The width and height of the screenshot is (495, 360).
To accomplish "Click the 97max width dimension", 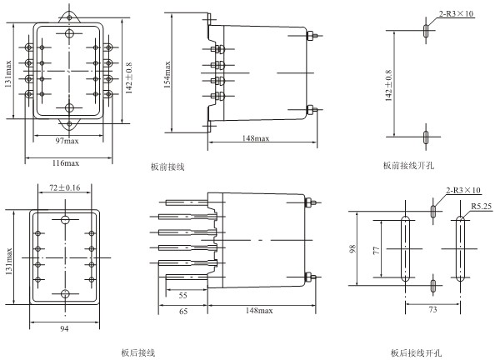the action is [x=67, y=141].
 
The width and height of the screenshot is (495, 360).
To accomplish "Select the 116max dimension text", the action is [x=66, y=163].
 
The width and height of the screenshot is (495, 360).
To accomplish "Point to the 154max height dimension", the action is [x=167, y=74].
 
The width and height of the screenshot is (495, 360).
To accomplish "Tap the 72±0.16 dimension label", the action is [x=65, y=187].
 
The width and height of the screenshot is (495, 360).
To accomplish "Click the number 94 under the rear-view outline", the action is [x=64, y=328].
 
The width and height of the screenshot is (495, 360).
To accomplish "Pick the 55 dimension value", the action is [x=183, y=296].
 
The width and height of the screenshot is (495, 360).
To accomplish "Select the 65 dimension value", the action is [x=183, y=312].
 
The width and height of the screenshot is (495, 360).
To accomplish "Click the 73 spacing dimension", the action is [x=433, y=309].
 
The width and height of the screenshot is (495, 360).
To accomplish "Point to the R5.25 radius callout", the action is [x=482, y=206].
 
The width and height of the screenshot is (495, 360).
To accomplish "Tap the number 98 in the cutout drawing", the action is [x=353, y=248].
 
